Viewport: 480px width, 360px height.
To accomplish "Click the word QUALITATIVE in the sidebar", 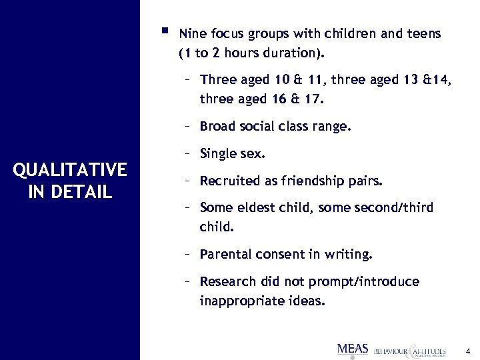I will (70, 170).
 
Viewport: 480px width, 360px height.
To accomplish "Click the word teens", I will (424, 33).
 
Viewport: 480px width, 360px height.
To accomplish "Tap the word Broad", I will (218, 126).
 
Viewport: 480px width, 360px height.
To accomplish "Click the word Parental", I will (225, 254).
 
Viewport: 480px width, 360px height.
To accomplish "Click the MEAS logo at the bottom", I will (353, 348).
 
